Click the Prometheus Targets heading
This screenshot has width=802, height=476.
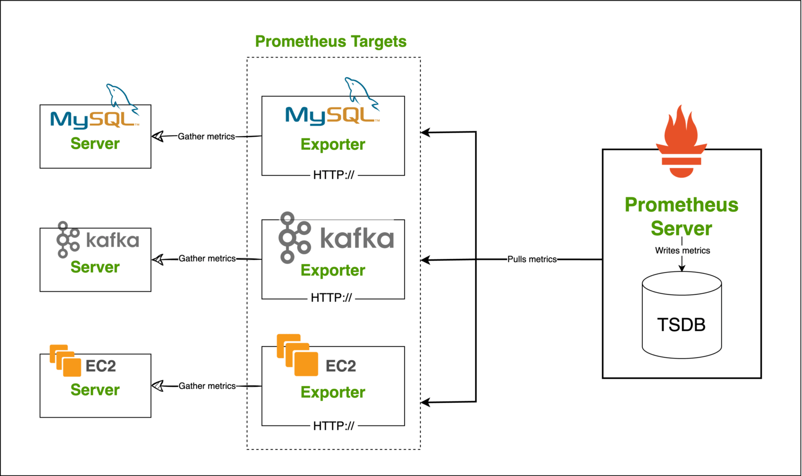(331, 42)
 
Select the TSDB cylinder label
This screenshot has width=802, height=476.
(681, 325)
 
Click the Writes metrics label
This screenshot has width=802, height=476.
(682, 251)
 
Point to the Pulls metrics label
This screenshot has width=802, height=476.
(532, 259)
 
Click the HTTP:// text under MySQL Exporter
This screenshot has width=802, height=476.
(334, 175)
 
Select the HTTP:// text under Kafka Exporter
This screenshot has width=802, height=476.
(331, 298)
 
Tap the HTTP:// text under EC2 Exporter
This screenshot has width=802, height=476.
(334, 426)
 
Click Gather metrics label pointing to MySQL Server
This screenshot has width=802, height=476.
(206, 137)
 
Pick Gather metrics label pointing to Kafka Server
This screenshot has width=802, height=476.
(207, 258)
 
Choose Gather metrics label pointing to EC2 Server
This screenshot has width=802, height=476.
(207, 386)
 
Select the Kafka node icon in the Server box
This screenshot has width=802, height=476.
(67, 240)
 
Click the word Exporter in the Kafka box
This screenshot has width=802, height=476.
(333, 270)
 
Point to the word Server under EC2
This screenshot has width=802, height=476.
(95, 390)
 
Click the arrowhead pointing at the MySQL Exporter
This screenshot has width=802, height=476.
(426, 133)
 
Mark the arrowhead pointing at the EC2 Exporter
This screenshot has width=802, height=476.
(426, 402)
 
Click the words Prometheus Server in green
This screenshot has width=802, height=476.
(681, 217)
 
